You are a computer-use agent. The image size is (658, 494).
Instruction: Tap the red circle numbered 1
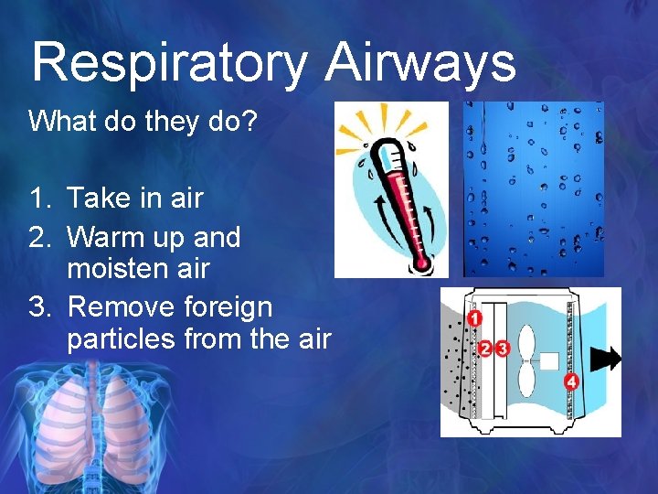[x=474, y=318]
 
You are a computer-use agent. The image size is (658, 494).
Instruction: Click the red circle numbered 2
[x=486, y=348]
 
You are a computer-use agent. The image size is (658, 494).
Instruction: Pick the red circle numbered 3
[x=502, y=348]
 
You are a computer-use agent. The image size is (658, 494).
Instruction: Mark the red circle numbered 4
[x=571, y=381]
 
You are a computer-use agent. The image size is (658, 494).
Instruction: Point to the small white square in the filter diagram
[x=548, y=360]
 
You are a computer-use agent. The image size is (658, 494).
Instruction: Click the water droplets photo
[x=533, y=189]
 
